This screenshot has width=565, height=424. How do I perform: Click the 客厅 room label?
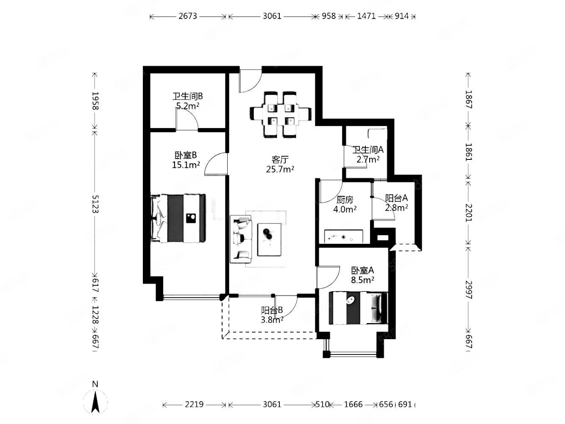(280, 159)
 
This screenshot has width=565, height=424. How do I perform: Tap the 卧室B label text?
(186, 155)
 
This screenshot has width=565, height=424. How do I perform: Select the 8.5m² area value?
(362, 280)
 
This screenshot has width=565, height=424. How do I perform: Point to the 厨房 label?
(345, 200)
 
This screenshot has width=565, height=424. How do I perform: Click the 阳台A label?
(396, 198)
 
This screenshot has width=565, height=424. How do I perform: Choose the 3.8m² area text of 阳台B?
(272, 320)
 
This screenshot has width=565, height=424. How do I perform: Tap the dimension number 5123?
(95, 204)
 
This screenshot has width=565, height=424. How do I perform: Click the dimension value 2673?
(188, 16)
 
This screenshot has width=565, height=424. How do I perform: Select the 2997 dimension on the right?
(468, 290)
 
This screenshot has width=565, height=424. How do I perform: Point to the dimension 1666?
(353, 404)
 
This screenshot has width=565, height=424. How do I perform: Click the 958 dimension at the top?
(329, 16)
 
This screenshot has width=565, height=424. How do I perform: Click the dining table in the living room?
(280, 114)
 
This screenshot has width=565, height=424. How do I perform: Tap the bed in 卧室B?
(178, 218)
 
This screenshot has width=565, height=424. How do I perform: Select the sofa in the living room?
(241, 239)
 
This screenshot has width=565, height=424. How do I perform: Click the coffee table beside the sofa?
(269, 240)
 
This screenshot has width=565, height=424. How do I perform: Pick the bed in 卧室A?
(358, 308)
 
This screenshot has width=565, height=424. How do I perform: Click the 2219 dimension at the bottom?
(194, 404)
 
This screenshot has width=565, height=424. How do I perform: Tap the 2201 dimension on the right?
(468, 213)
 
